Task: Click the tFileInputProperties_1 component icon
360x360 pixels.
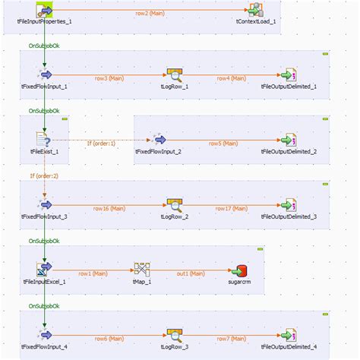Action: tap(45, 10)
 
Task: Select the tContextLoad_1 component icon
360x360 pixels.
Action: tap(257, 10)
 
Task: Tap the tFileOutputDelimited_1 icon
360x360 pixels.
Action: tap(287, 75)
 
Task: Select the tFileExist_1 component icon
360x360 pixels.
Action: tap(44, 141)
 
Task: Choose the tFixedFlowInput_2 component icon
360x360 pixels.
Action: tap(158, 141)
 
